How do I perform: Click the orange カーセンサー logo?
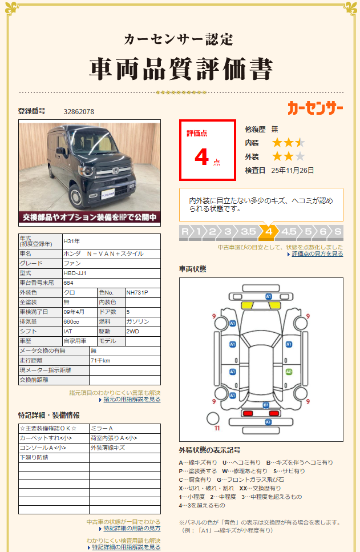[315, 108]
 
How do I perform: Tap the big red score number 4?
[201, 157]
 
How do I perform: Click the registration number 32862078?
[79, 111]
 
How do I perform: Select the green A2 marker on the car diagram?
[289, 372]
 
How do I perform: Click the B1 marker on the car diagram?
[265, 405]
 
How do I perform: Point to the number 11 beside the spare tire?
[217, 428]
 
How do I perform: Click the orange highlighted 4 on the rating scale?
[269, 232]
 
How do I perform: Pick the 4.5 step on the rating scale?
[289, 232]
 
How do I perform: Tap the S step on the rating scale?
[337, 232]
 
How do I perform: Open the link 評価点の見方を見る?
[317, 253]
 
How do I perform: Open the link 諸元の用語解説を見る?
[132, 399]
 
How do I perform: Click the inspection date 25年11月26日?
[293, 170]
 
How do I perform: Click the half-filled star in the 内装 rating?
[300, 143]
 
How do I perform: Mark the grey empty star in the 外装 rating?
[300, 156]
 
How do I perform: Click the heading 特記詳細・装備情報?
[49, 415]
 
